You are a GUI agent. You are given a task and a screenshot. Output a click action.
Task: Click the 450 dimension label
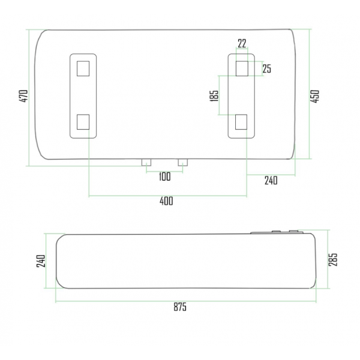click(314, 96)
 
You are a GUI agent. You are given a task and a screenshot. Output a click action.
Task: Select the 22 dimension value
click(242, 43)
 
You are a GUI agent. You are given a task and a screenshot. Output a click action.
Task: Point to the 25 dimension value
click(267, 68)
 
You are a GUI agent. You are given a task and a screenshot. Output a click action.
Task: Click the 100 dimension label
click(165, 176)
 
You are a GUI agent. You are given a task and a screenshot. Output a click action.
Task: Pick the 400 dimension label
click(166, 201)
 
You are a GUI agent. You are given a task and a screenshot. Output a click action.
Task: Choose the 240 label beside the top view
click(271, 181)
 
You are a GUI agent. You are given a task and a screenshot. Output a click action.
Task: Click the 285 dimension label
click(334, 259)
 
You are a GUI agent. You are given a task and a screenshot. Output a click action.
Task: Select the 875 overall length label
click(180, 307)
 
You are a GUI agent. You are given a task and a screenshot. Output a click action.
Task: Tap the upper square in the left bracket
click(84, 68)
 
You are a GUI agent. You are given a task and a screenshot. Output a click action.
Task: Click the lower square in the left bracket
click(84, 122)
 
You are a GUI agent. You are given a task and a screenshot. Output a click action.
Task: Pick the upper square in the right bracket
click(242, 68)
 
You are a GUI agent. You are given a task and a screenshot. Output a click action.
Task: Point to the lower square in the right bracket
click(242, 122)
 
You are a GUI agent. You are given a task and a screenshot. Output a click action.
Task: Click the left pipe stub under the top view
click(147, 162)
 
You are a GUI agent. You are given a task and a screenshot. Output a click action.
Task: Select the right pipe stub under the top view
click(183, 162)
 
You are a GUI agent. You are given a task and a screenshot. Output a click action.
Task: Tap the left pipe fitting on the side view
click(276, 232)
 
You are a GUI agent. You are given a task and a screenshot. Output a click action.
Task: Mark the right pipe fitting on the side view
click(294, 231)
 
